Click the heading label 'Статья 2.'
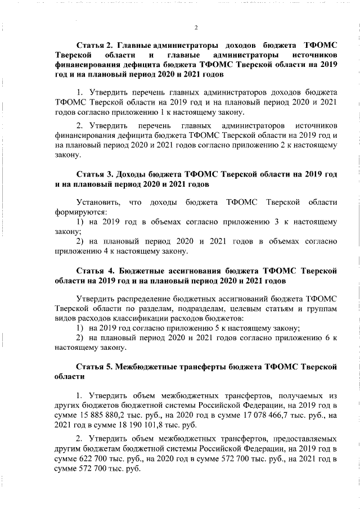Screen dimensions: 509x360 coord(95,44)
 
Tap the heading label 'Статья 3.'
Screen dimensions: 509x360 coord(95,174)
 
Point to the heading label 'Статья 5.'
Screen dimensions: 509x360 coord(95,366)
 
